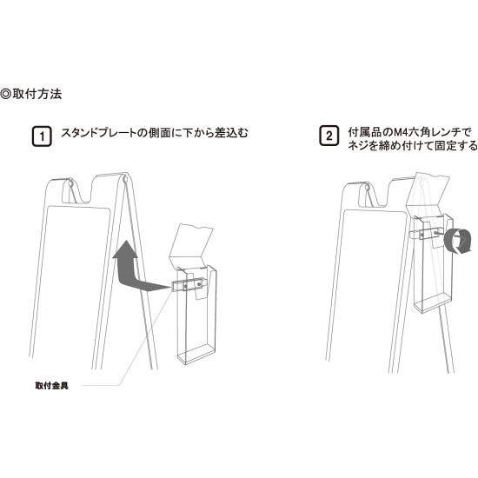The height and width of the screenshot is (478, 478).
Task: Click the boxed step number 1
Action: pos(40,136)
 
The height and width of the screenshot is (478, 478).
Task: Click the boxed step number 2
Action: pos(329,136)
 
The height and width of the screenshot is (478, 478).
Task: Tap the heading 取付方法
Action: pos(37,93)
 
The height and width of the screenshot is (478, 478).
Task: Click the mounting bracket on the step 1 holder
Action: pos(190,285)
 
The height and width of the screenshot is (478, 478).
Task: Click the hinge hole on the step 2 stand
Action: pos(367,186)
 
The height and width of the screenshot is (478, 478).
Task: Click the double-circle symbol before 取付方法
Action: pos(6,93)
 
